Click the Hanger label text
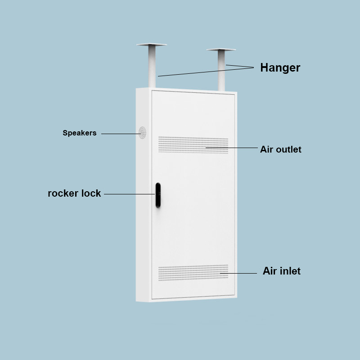click(x=280, y=68)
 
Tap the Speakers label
click(x=80, y=133)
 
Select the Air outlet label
click(x=280, y=149)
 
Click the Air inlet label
click(x=282, y=271)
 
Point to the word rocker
click(x=63, y=193)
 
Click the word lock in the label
click(x=91, y=193)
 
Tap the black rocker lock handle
click(x=158, y=195)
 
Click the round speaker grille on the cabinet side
click(x=142, y=133)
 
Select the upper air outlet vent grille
click(x=193, y=145)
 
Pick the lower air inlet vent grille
click(x=193, y=273)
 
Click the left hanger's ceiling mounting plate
click(x=152, y=45)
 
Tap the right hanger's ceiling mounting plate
click(x=221, y=49)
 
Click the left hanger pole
click(x=152, y=66)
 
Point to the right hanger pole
click(x=221, y=70)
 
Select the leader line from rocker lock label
click(x=129, y=194)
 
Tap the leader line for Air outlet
click(x=232, y=148)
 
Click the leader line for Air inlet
click(x=238, y=273)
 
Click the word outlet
click(x=288, y=149)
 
